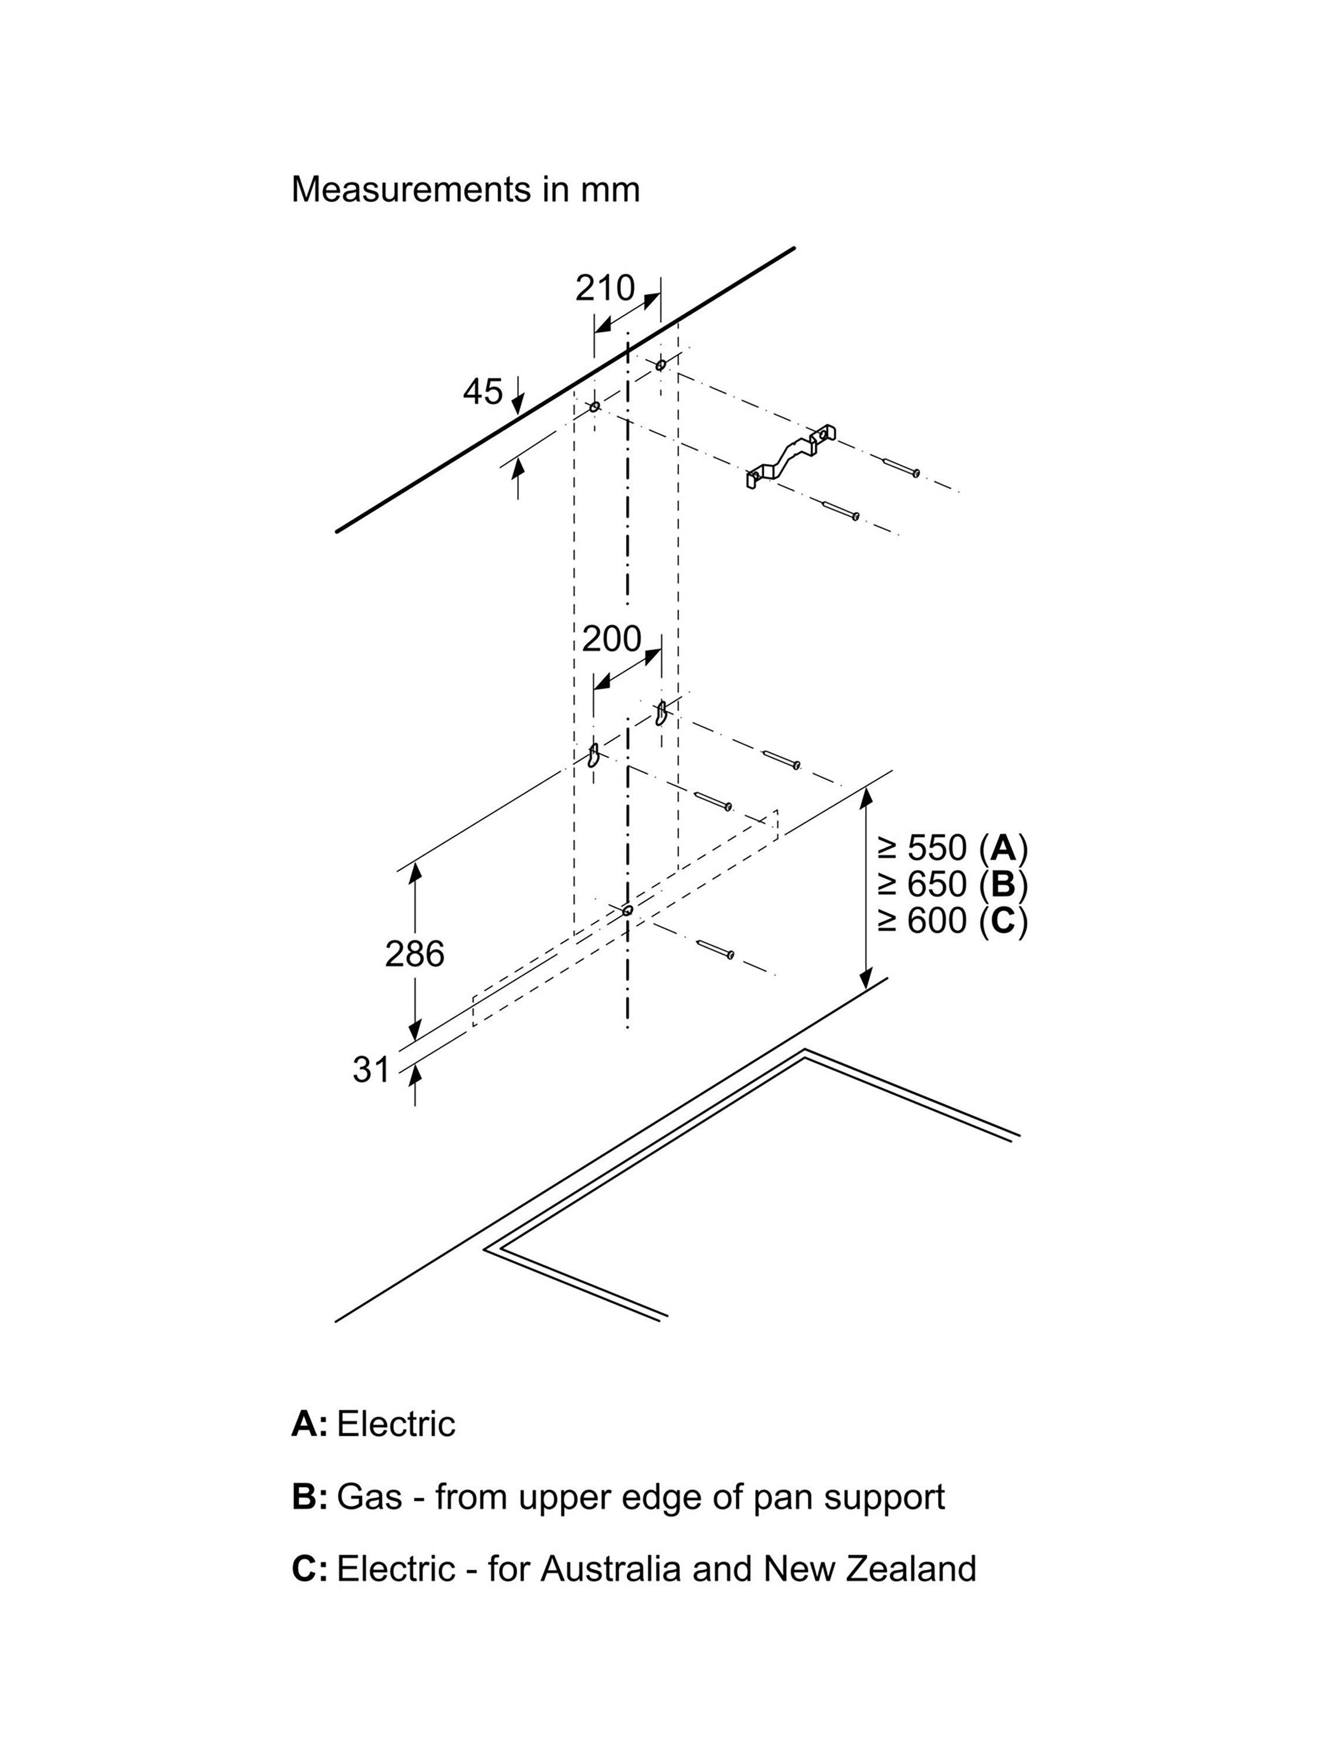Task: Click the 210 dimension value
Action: [605, 288]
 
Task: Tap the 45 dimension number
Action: [482, 392]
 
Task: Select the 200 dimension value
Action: [611, 638]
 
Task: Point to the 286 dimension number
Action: [414, 953]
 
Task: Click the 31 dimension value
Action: [371, 1069]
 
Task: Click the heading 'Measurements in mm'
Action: [465, 189]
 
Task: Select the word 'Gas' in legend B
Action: [369, 1497]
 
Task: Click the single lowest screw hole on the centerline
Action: [627, 910]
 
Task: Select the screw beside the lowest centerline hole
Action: [715, 949]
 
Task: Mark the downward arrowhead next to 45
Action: [518, 406]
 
